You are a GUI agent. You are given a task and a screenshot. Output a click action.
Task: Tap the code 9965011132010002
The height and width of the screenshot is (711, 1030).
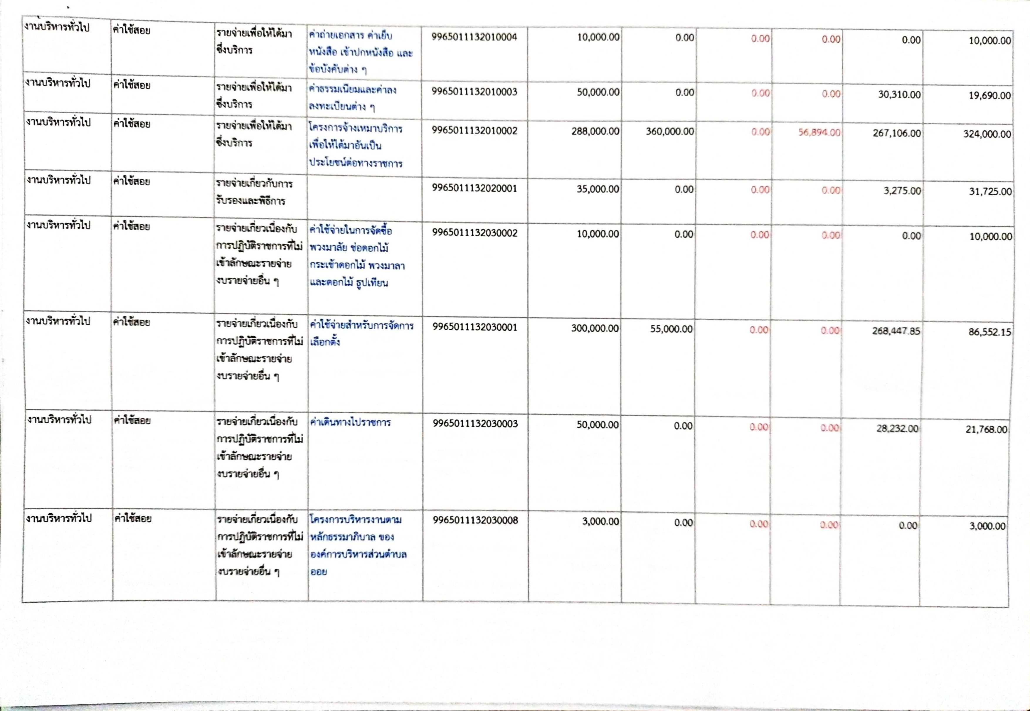474,131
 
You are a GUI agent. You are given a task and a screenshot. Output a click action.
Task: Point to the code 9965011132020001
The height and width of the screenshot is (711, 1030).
474,188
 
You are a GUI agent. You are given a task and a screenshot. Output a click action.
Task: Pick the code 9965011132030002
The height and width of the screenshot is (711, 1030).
475,233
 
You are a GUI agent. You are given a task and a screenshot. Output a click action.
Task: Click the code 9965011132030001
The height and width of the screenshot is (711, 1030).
475,327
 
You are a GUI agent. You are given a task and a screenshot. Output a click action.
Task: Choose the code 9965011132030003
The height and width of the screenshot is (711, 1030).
475,424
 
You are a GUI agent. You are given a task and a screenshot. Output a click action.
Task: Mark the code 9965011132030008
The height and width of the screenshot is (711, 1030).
476,520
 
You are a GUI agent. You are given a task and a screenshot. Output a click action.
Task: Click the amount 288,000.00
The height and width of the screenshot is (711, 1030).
595,132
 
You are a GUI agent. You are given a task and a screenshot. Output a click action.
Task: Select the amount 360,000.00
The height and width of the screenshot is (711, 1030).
670,132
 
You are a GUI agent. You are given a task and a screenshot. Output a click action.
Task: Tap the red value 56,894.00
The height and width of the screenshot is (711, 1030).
819,133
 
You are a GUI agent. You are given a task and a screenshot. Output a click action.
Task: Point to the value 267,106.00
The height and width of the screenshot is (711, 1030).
896,133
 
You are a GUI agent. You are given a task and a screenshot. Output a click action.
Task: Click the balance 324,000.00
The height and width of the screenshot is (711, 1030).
987,134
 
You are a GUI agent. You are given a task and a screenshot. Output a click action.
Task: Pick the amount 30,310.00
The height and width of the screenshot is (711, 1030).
899,95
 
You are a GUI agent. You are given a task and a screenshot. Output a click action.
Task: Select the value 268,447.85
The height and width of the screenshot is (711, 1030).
896,331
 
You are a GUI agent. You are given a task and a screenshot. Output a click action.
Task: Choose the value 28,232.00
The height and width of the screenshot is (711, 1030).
897,429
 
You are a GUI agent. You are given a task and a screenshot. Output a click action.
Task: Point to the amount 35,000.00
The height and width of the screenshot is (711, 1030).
598,189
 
